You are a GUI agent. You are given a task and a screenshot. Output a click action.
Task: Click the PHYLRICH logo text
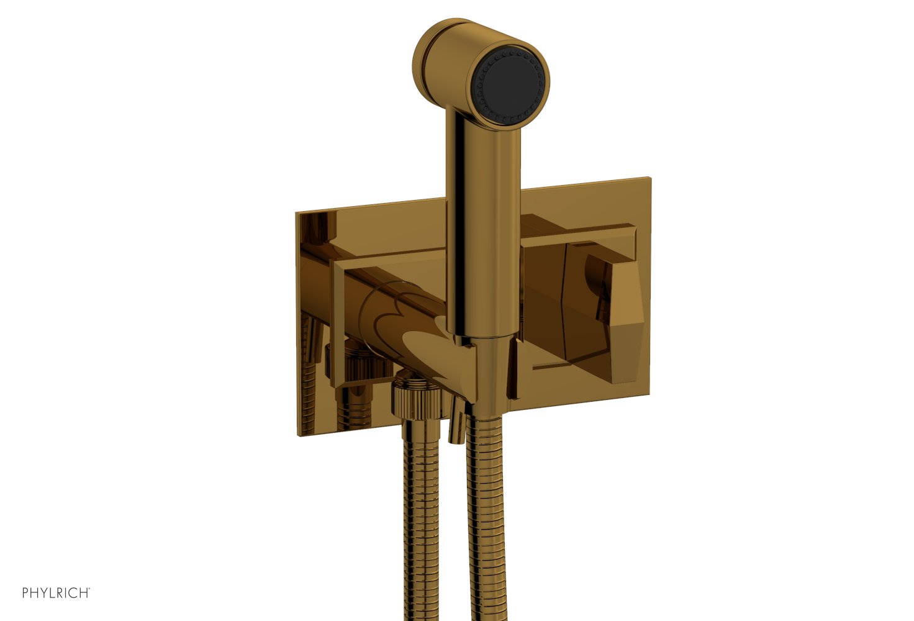pyautogui.click(x=56, y=592)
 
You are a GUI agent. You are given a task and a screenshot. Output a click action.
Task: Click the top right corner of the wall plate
pyautogui.click(x=649, y=180)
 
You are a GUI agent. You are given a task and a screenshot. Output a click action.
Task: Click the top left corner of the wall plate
pyautogui.click(x=297, y=213)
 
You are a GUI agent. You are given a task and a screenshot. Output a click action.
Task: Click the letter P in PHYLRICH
pyautogui.click(x=25, y=592)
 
